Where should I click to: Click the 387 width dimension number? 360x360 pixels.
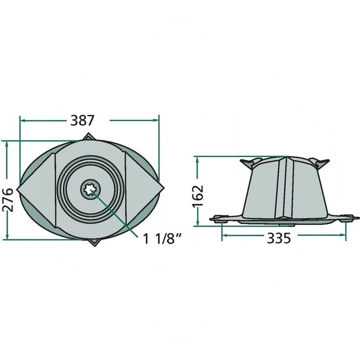click(82, 120)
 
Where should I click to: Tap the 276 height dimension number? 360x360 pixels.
click(8, 199)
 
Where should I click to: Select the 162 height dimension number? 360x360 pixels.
click(198, 196)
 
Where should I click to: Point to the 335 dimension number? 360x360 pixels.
click(279, 238)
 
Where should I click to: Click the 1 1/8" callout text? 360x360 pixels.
click(162, 239)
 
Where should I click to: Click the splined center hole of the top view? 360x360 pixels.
click(90, 189)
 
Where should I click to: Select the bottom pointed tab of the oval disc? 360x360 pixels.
click(94, 242)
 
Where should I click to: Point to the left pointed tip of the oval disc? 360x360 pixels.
click(17, 189)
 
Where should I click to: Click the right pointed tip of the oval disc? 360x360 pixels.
click(164, 188)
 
